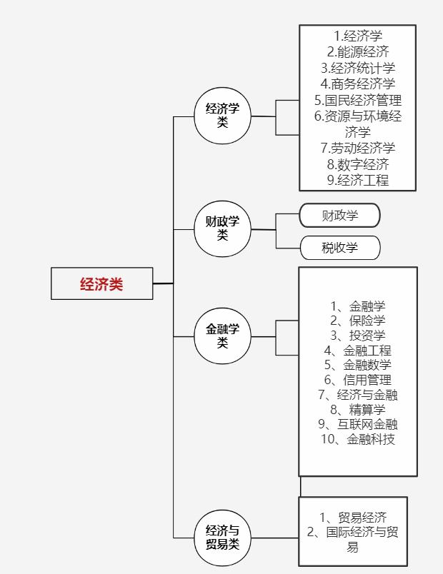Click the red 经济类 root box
pos(101,283)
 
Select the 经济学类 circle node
pos(222,115)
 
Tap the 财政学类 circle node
pos(222,228)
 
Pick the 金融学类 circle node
pos(222,336)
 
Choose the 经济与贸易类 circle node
pos(222,538)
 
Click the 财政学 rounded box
pos(339,215)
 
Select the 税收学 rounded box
pos(339,248)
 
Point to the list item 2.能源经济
pos(358,51)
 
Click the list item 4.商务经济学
pos(358,84)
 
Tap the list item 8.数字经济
pos(358,164)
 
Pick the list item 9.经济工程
pos(358,180)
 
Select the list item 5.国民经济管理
pos(358,100)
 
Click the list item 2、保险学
pos(358,321)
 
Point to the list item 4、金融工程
pos(358,351)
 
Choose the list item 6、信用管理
pos(358,380)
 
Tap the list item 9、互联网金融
pos(358,424)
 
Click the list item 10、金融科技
pos(358,439)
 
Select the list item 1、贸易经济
pos(353,518)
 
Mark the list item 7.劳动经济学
pos(358,148)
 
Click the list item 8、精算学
pos(358,409)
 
